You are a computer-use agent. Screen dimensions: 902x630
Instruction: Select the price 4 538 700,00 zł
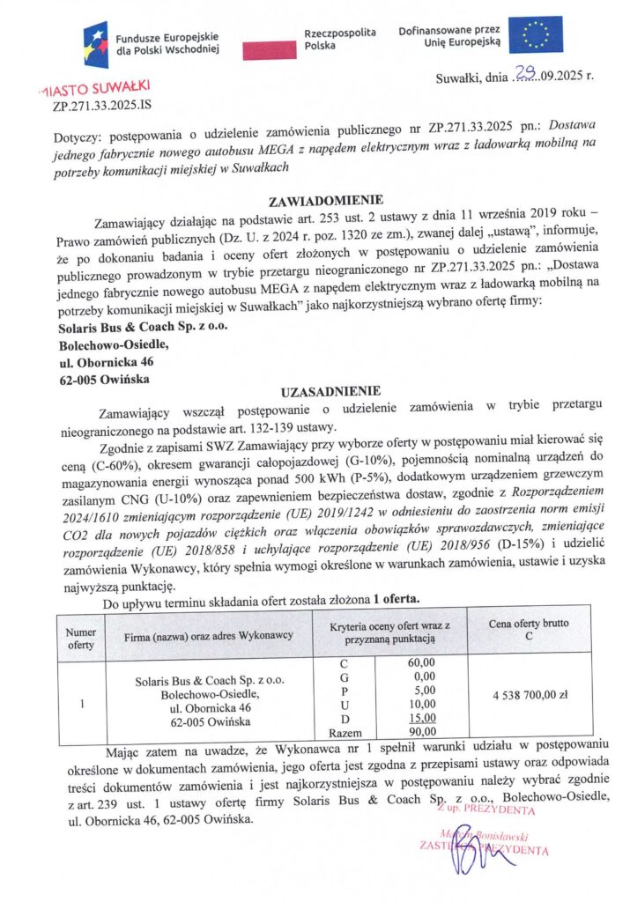tap(529, 694)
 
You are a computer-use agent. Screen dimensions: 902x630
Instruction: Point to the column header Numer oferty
tap(80, 637)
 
